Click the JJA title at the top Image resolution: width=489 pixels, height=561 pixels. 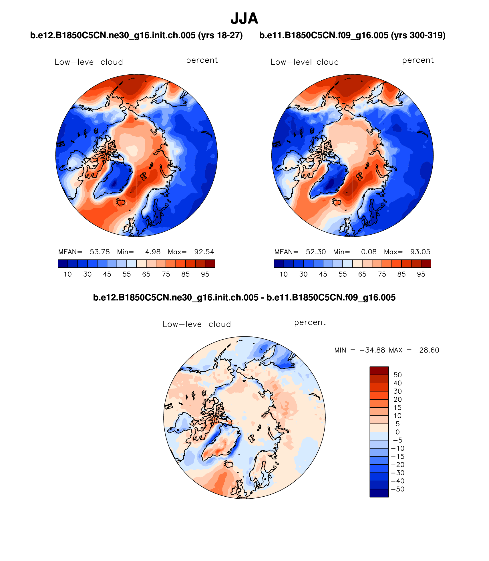coord(244,19)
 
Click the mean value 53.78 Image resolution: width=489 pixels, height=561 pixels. coord(100,252)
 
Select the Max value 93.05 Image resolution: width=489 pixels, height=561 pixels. coord(420,252)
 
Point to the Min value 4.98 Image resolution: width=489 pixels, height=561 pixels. coord(153,252)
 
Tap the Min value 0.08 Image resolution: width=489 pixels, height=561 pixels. coord(369,252)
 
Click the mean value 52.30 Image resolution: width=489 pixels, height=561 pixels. coord(316,252)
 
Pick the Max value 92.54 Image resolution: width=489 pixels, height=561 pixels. coord(204,252)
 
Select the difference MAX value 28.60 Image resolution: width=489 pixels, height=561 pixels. coord(429,350)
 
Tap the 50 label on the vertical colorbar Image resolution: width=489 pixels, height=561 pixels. coord(397,375)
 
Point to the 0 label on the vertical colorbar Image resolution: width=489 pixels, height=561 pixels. coord(397,432)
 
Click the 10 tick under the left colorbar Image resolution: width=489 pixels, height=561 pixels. coord(67,274)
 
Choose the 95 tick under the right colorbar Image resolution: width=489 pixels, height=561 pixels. coord(421,274)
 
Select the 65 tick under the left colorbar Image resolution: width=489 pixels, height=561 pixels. coord(146,274)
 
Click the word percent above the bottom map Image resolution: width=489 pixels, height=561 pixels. coord(310,322)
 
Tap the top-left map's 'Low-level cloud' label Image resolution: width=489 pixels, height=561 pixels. coord(89,62)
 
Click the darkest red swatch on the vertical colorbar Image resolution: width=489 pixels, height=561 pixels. coord(379,371)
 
